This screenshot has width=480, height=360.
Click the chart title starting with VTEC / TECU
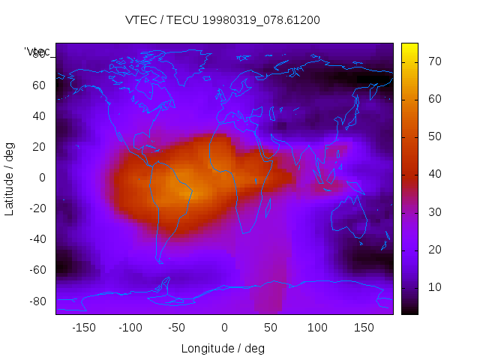click(x=223, y=20)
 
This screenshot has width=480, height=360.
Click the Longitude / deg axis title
click(x=223, y=349)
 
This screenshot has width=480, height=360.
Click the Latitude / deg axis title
click(x=10, y=178)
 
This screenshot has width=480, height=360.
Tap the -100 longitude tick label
click(x=130, y=328)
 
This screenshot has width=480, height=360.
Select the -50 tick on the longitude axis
click(x=177, y=328)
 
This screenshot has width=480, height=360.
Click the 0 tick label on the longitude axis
click(x=224, y=328)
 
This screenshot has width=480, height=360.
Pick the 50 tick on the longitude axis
click(x=271, y=328)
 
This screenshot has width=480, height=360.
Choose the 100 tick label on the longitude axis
click(x=317, y=328)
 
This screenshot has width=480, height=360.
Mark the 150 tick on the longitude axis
click(x=364, y=328)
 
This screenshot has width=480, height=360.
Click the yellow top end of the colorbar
click(x=409, y=47)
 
